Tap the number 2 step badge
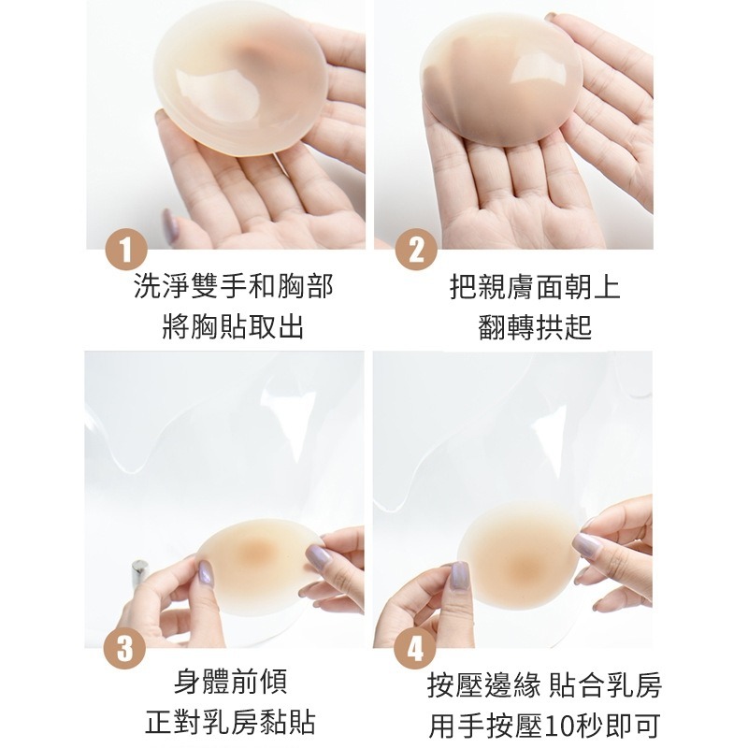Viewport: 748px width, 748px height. pyautogui.click(x=417, y=251)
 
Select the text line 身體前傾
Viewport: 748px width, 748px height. pyautogui.click(x=231, y=682)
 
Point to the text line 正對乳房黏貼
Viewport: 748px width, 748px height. pyautogui.click(x=231, y=723)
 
